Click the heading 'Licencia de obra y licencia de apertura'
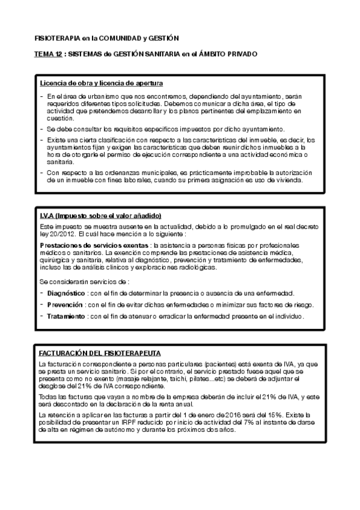[x=101, y=82]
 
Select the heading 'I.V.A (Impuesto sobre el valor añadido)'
[x=100, y=215]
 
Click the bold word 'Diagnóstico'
[x=66, y=293]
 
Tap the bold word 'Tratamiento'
[x=66, y=316]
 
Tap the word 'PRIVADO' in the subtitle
[x=240, y=54]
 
